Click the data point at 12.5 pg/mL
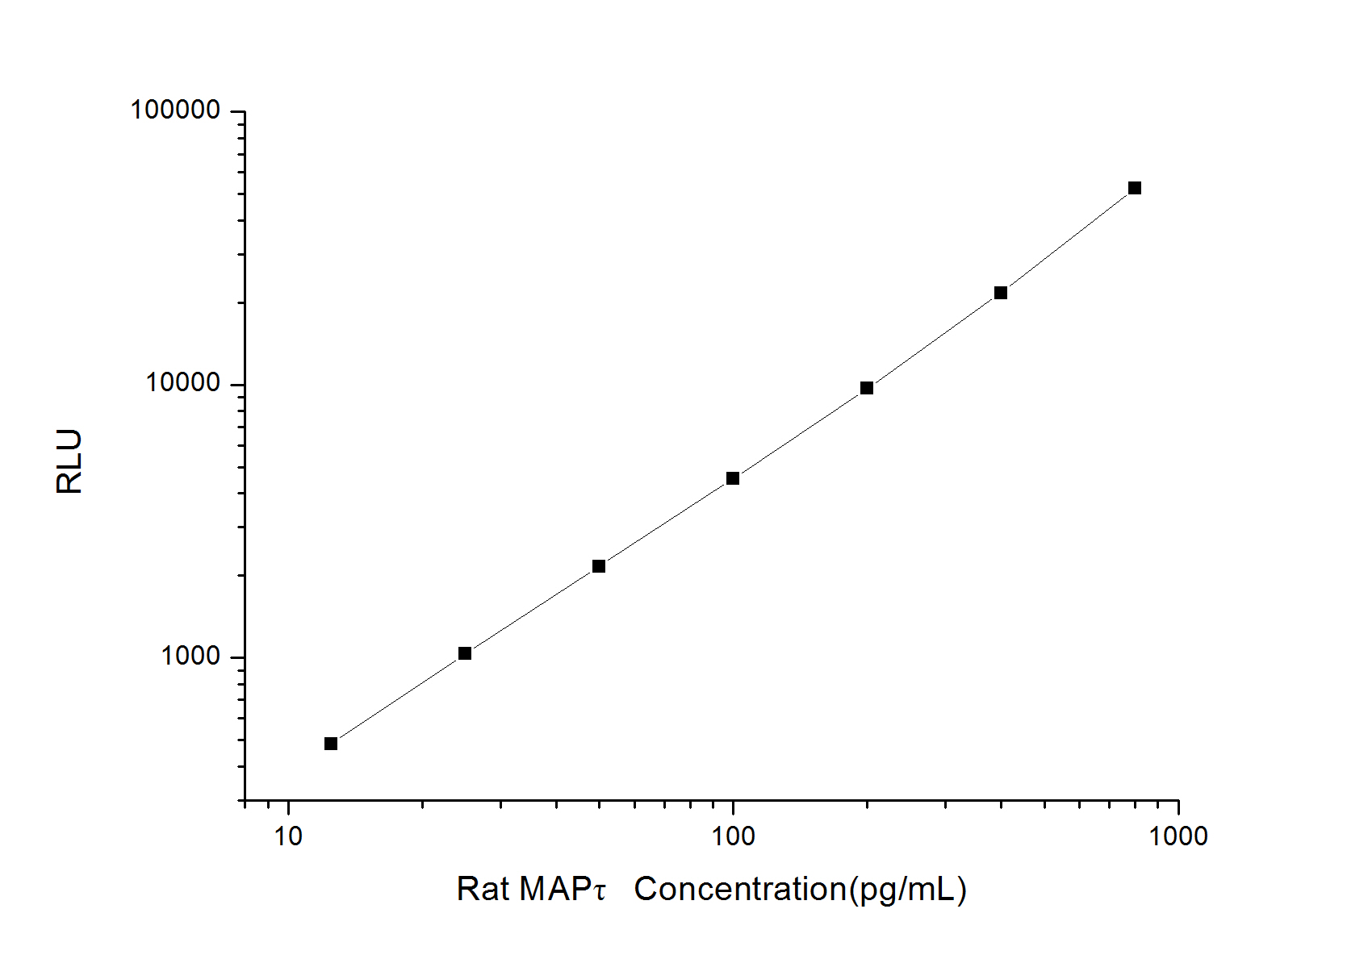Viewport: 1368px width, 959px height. point(331,744)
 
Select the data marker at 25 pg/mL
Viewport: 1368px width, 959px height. point(465,653)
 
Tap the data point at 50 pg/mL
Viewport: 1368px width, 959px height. point(599,566)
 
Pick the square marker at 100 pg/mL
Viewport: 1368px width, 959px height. point(733,478)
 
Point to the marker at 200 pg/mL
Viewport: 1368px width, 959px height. point(867,388)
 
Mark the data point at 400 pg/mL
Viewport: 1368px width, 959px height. point(1001,293)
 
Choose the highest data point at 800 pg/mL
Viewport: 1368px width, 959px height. point(1135,188)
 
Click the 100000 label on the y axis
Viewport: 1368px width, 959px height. point(175,110)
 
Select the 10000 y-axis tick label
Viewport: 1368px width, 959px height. point(183,383)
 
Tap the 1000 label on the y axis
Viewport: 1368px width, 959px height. point(190,656)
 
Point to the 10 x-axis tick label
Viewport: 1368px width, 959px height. point(288,836)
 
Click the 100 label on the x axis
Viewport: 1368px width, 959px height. point(733,836)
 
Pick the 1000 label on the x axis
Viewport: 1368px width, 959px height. point(1178,836)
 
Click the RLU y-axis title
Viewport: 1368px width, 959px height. point(69,461)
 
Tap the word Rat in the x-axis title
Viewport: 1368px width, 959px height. point(483,889)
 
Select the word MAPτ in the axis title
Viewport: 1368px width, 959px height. point(563,889)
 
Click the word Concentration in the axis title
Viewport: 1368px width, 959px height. point(740,889)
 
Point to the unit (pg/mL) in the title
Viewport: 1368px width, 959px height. point(908,889)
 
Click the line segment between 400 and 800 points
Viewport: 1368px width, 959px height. point(1068,240)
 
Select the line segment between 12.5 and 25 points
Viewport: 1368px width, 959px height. point(398,698)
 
